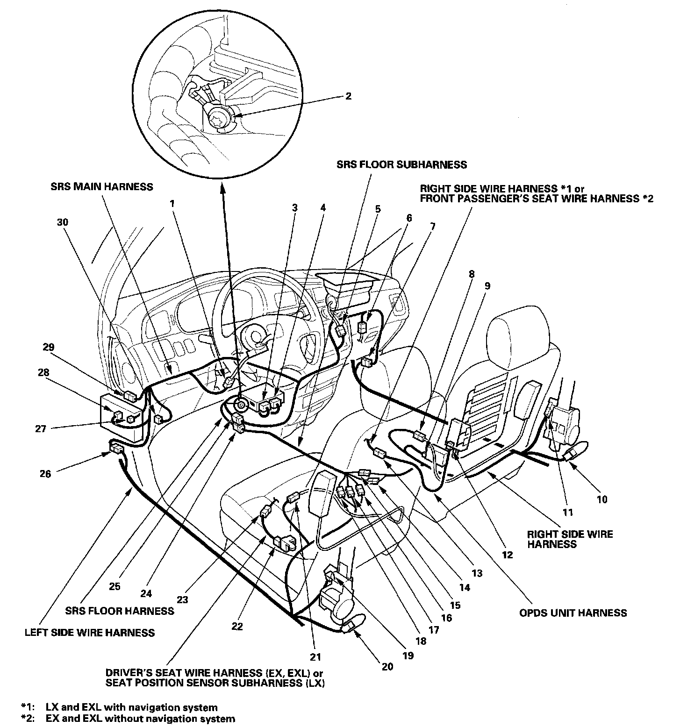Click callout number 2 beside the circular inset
(348, 96)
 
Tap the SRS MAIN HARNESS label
(102, 187)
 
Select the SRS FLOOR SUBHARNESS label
(401, 164)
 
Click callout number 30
(63, 222)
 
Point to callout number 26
(45, 473)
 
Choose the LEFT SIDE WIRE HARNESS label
(89, 633)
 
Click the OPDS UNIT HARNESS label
(573, 613)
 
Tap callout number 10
(602, 499)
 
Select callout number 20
(387, 666)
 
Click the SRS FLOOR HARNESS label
(120, 610)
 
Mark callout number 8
(472, 274)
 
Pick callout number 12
(507, 555)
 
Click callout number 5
(378, 209)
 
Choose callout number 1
(172, 204)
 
